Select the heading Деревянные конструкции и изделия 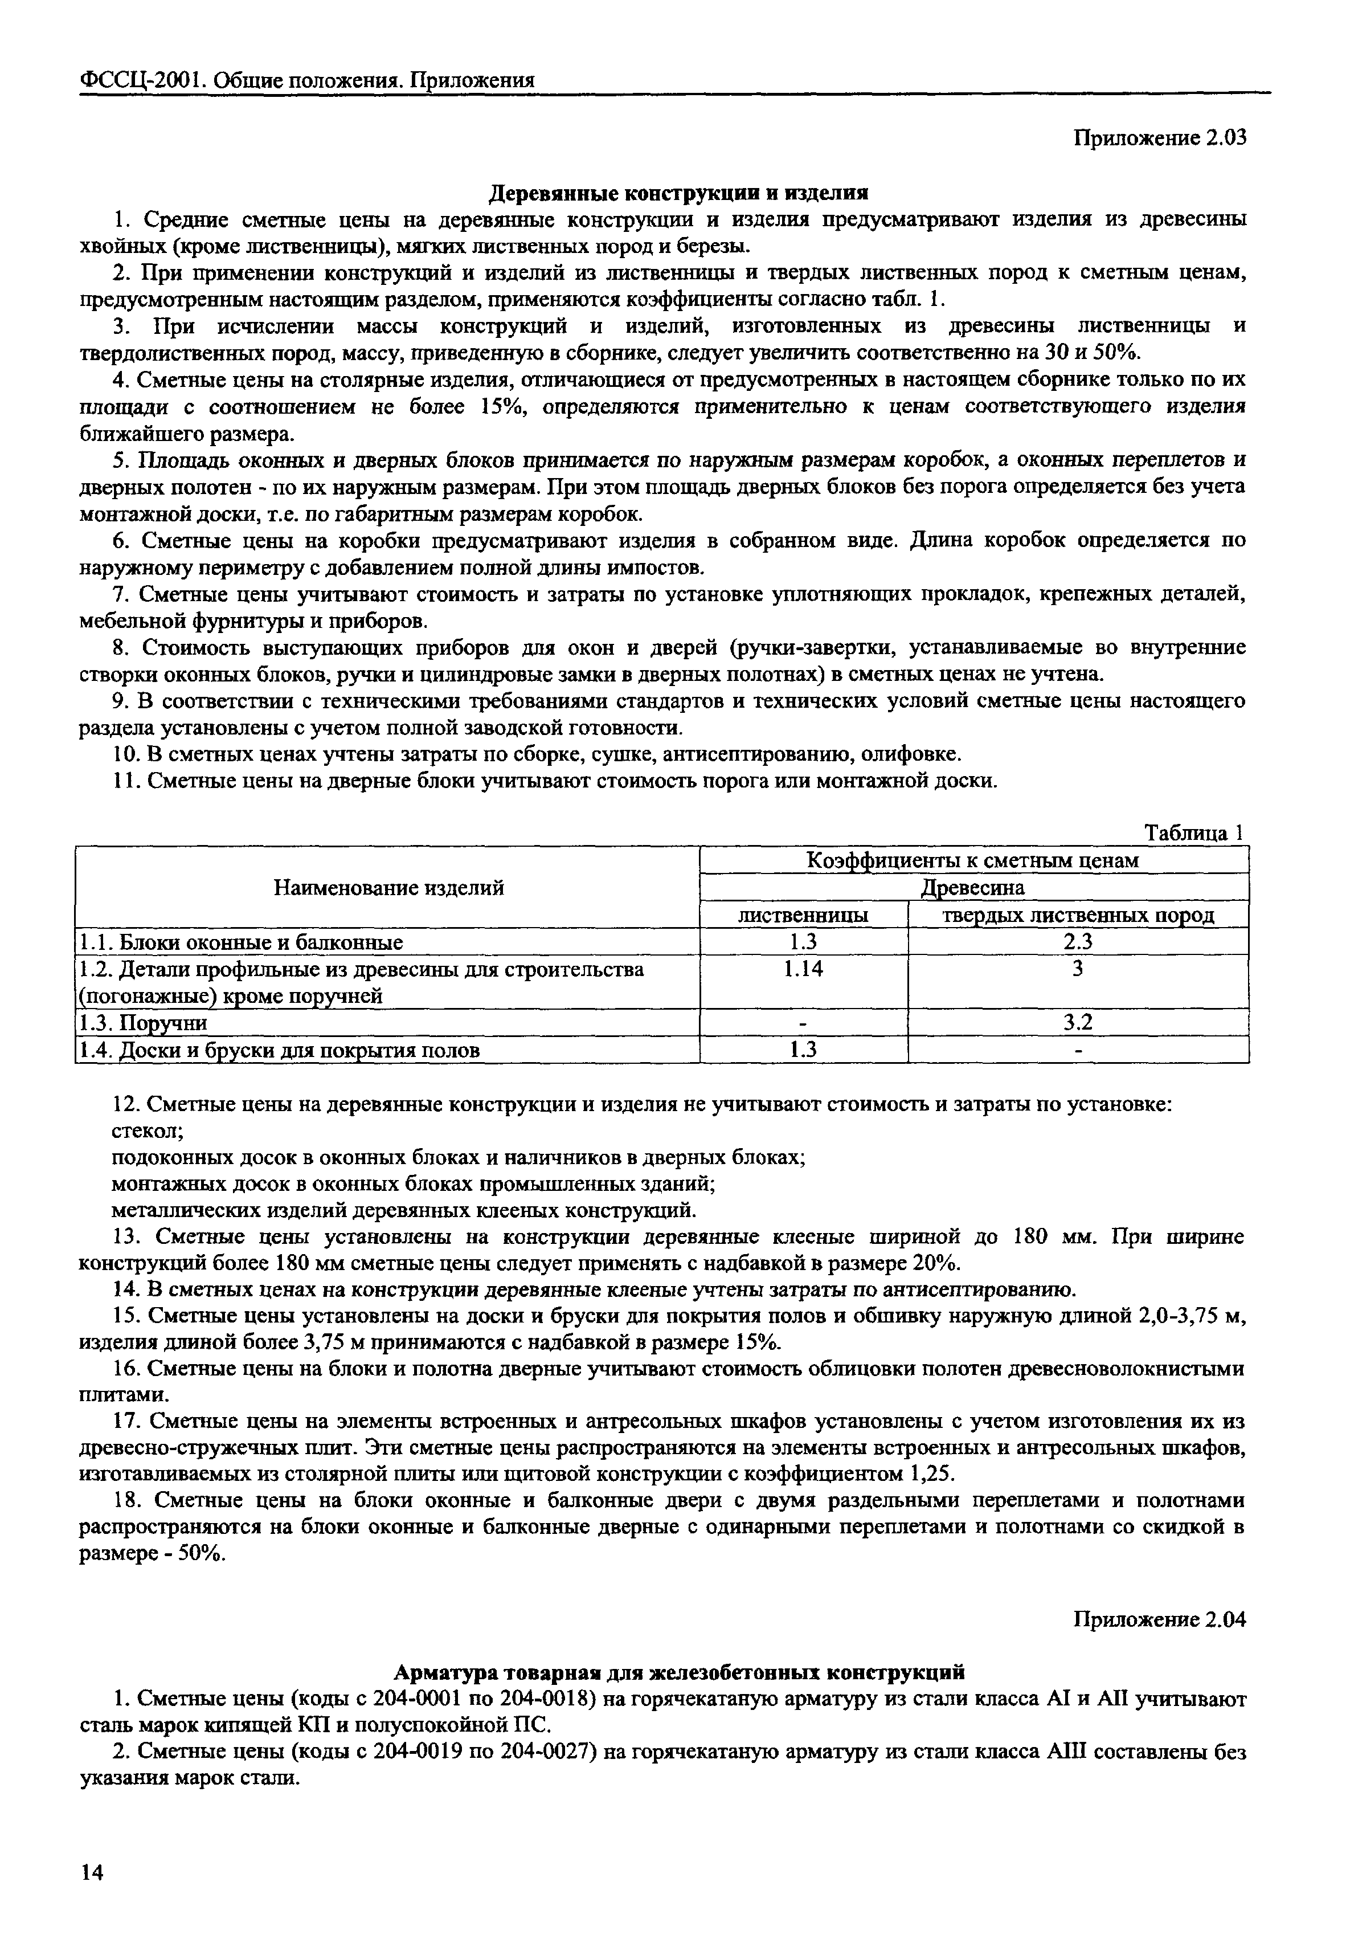tap(679, 193)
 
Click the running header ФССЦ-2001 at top tap(142, 80)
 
